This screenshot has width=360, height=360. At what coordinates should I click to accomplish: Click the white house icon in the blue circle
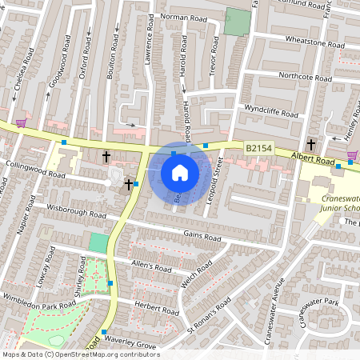(x=180, y=173)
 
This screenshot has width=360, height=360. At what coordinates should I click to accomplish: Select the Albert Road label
(x=311, y=158)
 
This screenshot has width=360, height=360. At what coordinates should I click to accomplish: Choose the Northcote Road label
(x=305, y=78)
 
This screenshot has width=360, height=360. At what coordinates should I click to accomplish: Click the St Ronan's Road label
(x=209, y=315)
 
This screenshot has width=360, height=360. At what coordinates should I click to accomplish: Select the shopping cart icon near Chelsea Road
(x=21, y=122)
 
